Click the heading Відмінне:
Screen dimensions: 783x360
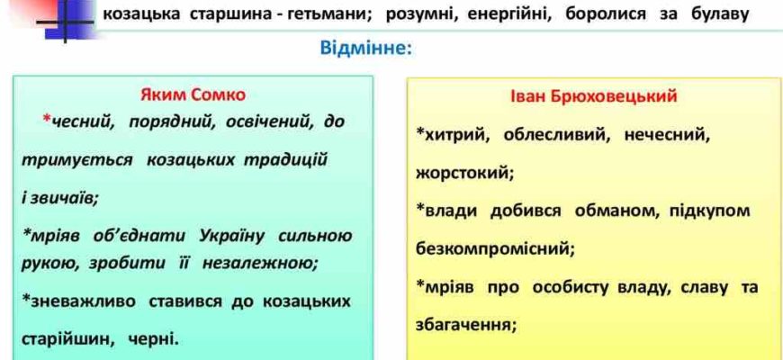tap(366, 49)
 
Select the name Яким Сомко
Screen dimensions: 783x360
tap(193, 94)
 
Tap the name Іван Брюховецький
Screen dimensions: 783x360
tap(594, 96)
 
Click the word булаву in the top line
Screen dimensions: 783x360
tap(719, 15)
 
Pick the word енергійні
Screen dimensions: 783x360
tap(509, 15)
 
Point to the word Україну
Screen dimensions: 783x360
tap(231, 236)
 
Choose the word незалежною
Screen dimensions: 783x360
tap(260, 263)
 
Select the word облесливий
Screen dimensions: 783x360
tap(557, 135)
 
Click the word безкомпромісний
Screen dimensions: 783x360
tap(495, 248)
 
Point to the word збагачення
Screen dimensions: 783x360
tap(466, 325)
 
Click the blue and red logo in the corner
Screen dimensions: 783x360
tap(65, 19)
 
